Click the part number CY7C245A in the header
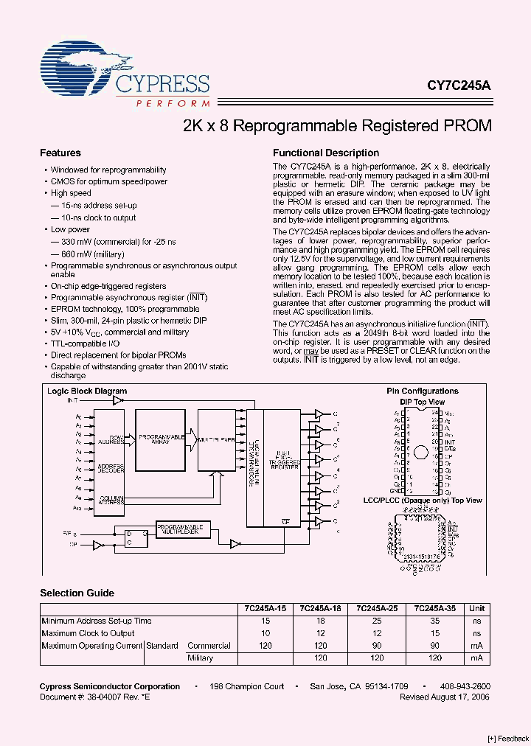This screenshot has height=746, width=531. click(459, 86)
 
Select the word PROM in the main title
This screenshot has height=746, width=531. click(466, 125)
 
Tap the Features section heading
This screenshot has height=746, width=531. click(60, 153)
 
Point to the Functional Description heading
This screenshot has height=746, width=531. click(326, 153)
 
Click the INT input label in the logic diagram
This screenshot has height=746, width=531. click(72, 400)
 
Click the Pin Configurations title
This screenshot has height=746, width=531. click(423, 391)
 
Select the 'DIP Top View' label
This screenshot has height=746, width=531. click(423, 402)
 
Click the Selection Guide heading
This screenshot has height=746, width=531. click(77, 593)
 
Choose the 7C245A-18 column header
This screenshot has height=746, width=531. click(321, 608)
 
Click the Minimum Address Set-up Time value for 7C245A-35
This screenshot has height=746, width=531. click(434, 621)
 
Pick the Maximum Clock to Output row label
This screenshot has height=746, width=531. click(88, 633)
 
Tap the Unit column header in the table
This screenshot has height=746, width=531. click(477, 608)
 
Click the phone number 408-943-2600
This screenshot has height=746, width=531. click(465, 686)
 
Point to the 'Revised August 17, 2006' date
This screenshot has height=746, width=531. click(445, 696)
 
